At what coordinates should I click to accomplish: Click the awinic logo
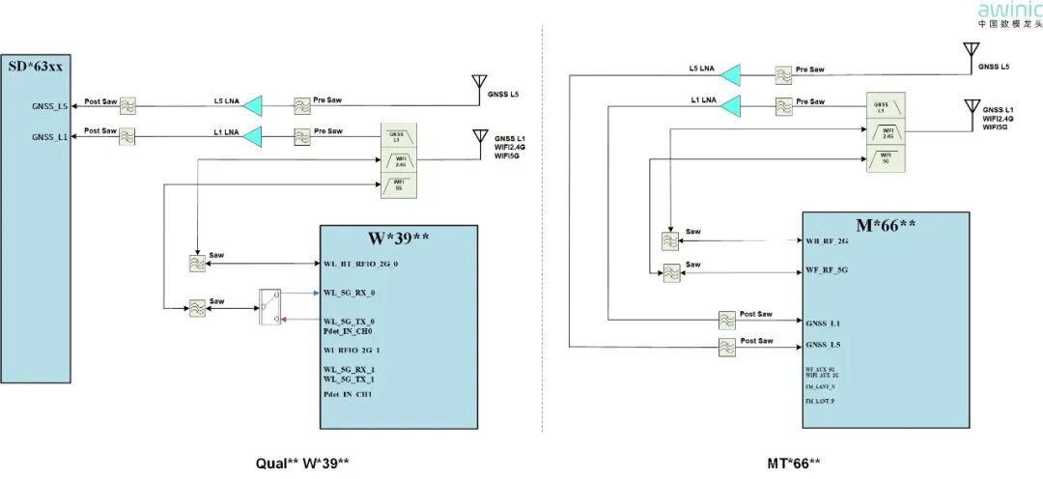click(1010, 13)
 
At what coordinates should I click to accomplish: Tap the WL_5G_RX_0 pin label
click(349, 292)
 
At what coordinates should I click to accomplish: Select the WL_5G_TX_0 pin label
click(349, 321)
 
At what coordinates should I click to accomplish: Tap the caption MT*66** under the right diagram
click(795, 463)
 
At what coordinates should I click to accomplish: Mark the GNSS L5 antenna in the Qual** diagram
click(476, 85)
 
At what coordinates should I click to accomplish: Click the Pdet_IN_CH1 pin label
click(348, 395)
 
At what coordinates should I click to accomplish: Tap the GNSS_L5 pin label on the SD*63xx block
click(49, 107)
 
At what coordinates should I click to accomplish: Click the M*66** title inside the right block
click(885, 224)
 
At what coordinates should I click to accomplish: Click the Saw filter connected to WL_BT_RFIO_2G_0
click(196, 263)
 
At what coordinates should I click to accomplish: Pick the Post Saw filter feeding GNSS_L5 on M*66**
click(727, 348)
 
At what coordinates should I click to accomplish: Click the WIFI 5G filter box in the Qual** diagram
click(398, 185)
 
